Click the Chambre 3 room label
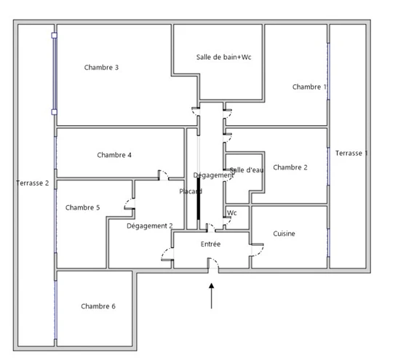tap(101, 68)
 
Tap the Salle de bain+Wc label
tap(223, 57)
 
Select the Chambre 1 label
tap(309, 87)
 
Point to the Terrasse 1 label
tap(351, 153)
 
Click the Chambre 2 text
tap(290, 167)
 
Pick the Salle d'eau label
tap(247, 170)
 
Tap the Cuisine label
tap(284, 233)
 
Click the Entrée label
tap(210, 244)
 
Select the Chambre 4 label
tap(114, 155)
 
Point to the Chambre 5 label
tap(82, 207)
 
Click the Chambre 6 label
tap(98, 306)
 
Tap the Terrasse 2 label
tap(33, 183)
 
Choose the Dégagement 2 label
tap(150, 226)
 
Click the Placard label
tap(191, 191)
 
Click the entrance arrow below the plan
tap(212, 296)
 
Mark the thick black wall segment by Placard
tap(199, 199)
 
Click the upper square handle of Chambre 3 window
tap(54, 36)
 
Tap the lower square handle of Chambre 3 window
tap(54, 112)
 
